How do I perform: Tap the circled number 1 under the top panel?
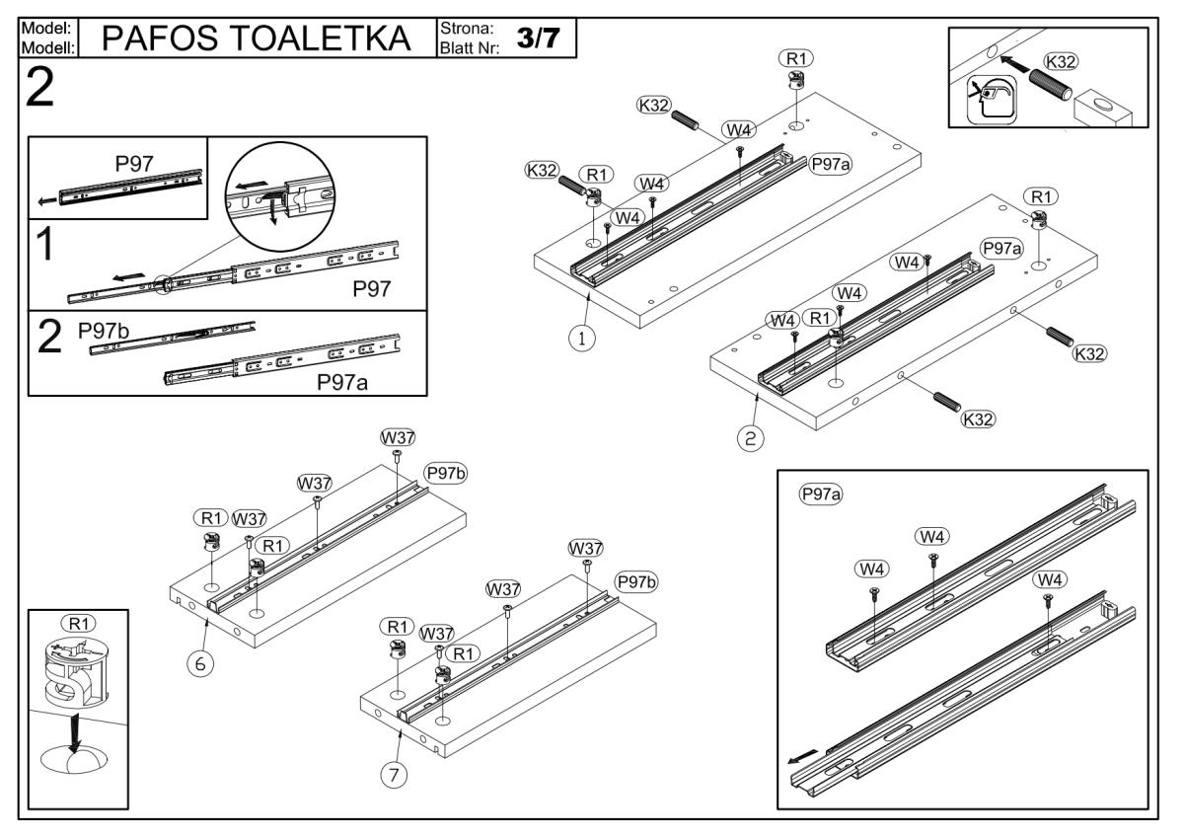point(583,337)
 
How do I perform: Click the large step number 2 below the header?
point(40,91)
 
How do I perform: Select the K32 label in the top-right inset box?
point(1061,61)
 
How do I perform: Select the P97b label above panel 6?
point(445,473)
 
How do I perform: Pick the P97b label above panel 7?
point(635,581)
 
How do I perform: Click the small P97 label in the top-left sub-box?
point(134,164)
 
